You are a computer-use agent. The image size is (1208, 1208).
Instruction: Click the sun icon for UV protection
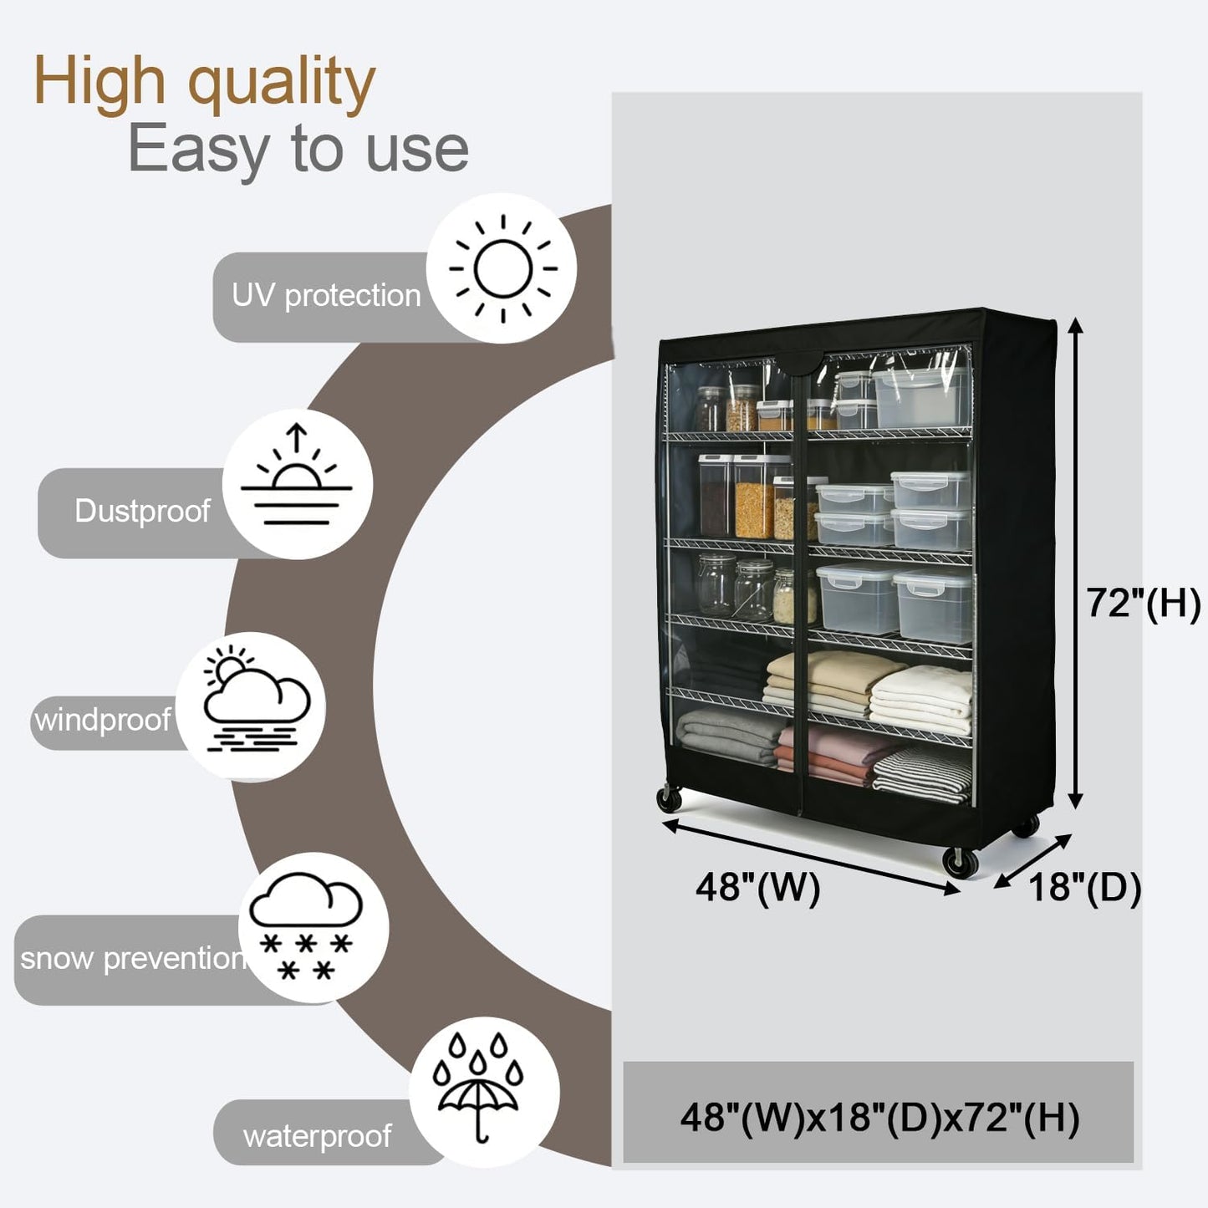tap(502, 268)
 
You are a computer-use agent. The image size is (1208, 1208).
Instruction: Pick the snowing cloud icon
tap(306, 925)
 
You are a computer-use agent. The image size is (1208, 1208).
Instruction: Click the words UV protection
tap(326, 296)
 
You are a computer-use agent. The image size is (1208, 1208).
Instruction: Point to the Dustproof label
tap(142, 512)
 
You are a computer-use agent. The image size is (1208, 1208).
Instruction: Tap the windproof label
tap(102, 721)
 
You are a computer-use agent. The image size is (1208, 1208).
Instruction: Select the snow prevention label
tap(132, 959)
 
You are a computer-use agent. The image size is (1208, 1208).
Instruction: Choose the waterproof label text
tap(317, 1137)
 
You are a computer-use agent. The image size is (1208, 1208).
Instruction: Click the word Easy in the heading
tap(199, 149)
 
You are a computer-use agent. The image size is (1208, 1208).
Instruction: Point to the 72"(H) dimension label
tap(1143, 603)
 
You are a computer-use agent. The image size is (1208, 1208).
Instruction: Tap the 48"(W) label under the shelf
tap(757, 888)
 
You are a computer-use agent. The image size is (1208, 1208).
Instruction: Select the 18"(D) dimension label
tap(1084, 888)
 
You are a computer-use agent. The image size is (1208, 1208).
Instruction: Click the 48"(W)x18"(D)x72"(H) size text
tap(879, 1118)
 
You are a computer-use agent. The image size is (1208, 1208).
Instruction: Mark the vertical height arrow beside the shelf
tap(1075, 563)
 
